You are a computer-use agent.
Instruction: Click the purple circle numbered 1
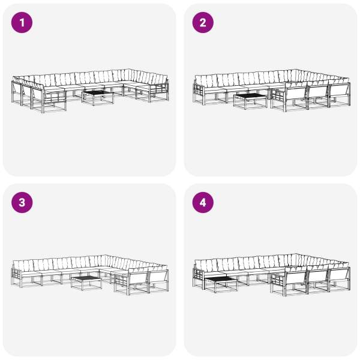[x=22, y=23]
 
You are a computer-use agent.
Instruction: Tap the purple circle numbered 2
[x=203, y=23]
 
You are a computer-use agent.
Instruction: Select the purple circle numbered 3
[x=22, y=203]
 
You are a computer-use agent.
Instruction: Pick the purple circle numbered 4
[x=203, y=203]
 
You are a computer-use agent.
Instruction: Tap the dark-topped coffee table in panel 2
[x=250, y=101]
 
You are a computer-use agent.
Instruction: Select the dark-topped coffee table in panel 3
[x=86, y=283]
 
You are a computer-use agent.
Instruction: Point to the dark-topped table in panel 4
[x=221, y=284]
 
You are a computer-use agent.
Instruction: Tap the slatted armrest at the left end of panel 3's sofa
[x=17, y=277]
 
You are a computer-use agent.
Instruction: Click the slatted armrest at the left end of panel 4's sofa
[x=199, y=277]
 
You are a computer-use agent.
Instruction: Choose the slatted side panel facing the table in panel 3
[x=121, y=283]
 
